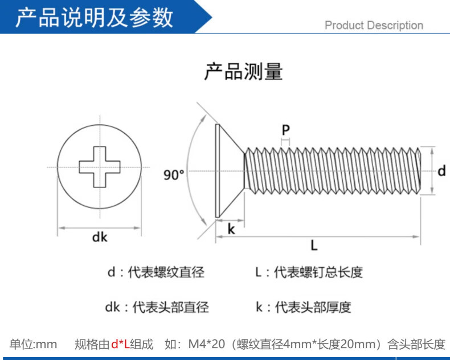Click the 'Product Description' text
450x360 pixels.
(x=374, y=25)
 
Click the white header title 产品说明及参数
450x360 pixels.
(x=94, y=18)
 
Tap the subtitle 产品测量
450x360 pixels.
(x=243, y=72)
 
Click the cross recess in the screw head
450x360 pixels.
(x=100, y=167)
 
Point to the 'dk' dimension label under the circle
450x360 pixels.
(x=100, y=237)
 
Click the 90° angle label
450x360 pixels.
(x=174, y=175)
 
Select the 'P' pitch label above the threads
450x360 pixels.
(x=285, y=130)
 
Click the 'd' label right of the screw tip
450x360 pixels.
(x=441, y=170)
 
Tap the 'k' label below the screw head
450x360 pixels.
(x=231, y=229)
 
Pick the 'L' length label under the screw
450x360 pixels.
(x=314, y=246)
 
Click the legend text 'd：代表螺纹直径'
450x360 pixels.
(x=156, y=272)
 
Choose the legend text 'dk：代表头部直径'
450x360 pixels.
(x=157, y=308)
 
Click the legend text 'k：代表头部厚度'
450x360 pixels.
(x=303, y=308)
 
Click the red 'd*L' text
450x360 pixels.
(x=120, y=344)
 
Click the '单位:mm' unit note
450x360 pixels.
(x=34, y=344)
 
